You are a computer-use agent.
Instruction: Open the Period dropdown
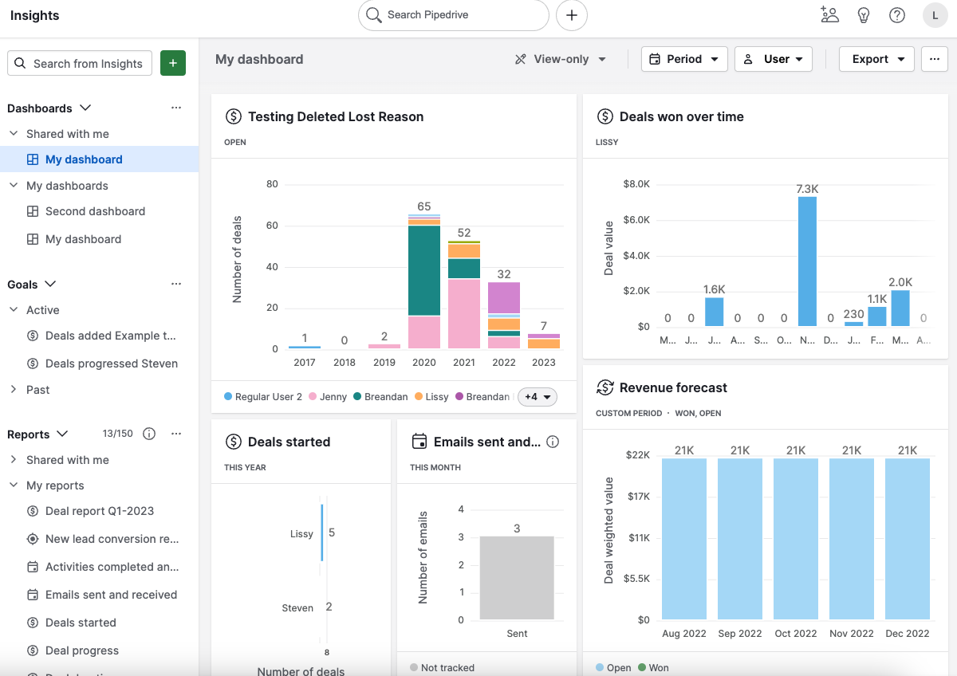pos(684,59)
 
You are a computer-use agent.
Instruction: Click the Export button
pos(876,59)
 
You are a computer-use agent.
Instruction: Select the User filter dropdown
pos(773,59)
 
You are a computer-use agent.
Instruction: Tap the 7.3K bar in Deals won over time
pos(807,261)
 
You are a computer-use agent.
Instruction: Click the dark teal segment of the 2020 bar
pos(424,271)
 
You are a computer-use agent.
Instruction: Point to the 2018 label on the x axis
pos(345,362)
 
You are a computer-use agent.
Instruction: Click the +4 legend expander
pos(537,397)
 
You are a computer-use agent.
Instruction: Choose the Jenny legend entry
pos(328,397)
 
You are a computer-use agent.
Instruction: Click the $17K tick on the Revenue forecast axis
pos(639,496)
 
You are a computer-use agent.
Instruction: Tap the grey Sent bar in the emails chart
pos(517,578)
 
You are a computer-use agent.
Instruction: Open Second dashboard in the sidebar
pos(95,211)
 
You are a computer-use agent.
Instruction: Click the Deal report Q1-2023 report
pos(100,511)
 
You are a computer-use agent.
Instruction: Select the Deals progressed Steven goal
pos(111,364)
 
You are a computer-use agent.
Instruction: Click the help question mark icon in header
pos(897,15)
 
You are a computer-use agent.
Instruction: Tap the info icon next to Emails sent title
pos(553,442)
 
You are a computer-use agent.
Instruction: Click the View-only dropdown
pos(561,59)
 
